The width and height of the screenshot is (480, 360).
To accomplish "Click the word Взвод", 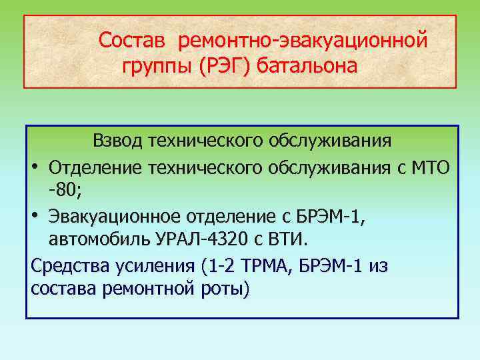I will click(x=118, y=141).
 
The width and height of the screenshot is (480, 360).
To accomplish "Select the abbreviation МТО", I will click(x=430, y=166).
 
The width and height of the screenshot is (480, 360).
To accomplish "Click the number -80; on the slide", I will click(x=65, y=191).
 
